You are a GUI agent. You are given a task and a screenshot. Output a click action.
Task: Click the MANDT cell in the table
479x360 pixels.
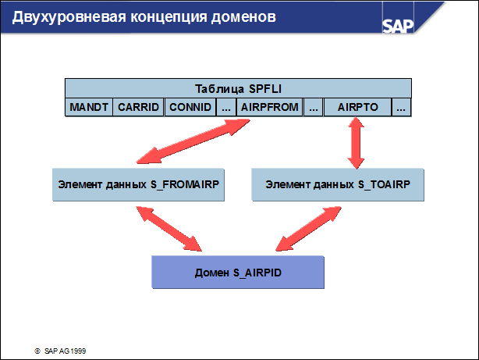(88, 107)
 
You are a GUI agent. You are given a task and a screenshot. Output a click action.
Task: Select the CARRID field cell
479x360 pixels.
(138, 107)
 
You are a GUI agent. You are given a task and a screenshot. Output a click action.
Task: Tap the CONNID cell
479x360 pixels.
(189, 107)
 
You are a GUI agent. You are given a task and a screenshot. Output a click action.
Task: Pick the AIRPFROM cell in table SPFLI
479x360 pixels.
(270, 107)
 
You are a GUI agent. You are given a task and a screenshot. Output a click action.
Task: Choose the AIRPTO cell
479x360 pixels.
(357, 107)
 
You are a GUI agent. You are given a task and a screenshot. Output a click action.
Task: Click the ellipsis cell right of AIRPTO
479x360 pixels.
(402, 107)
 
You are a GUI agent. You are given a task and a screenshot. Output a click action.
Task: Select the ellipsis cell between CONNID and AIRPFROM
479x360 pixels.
(226, 107)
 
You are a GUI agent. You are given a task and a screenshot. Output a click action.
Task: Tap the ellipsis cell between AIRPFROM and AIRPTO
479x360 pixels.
(314, 107)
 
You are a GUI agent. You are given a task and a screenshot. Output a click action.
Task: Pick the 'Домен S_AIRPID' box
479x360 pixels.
(236, 273)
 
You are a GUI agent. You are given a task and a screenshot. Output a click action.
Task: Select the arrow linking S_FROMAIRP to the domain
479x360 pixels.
(168, 229)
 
